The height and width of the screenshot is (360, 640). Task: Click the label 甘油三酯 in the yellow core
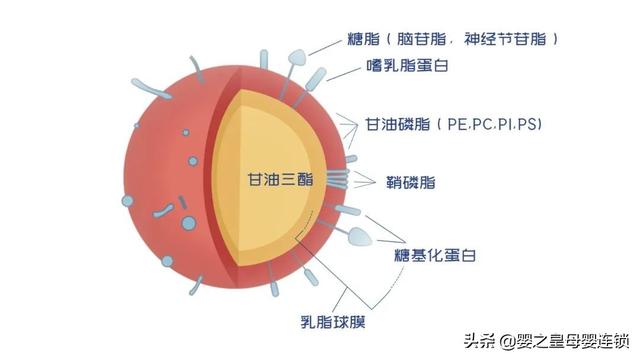[278, 181]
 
